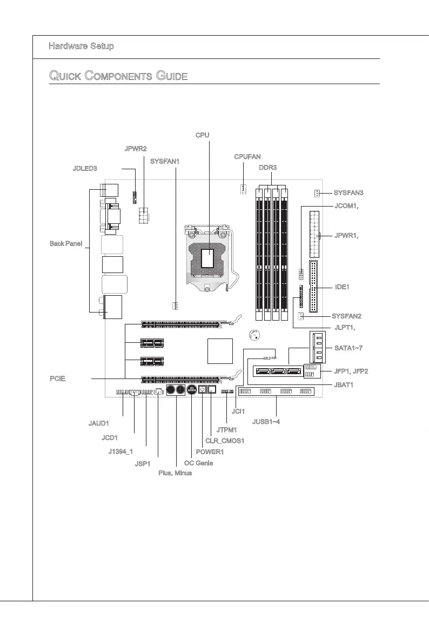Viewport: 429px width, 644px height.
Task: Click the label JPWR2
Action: click(x=136, y=149)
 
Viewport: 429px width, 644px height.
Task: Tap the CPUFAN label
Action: click(x=247, y=157)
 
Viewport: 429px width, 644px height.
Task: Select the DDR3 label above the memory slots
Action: click(x=267, y=168)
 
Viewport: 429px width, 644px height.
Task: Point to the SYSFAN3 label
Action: click(x=348, y=193)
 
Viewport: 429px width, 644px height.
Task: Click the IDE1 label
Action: click(x=342, y=287)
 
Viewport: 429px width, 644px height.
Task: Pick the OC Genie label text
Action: click(x=198, y=463)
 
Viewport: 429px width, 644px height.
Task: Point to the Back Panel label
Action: click(x=65, y=244)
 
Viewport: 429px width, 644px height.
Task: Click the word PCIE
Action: click(x=57, y=379)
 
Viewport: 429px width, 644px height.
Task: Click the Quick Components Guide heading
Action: click(x=118, y=76)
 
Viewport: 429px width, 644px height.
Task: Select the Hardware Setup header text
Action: click(x=81, y=47)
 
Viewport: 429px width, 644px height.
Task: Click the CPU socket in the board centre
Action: click(x=209, y=258)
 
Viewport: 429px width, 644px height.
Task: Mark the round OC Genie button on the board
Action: click(x=192, y=390)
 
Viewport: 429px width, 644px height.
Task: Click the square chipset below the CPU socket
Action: click(x=220, y=351)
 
